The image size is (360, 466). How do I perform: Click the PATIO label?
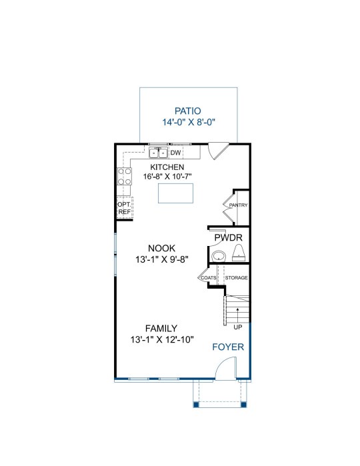(x=187, y=111)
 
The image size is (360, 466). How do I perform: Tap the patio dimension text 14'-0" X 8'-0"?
(x=189, y=122)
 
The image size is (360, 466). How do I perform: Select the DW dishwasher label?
(x=175, y=153)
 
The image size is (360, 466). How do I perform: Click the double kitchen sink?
(x=159, y=153)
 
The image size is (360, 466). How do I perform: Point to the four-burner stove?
(x=125, y=176)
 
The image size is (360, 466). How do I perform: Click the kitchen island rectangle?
(x=175, y=193)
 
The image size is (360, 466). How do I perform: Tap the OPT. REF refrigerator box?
(x=125, y=208)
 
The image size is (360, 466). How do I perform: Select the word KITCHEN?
(x=167, y=167)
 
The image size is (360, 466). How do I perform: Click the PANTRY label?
(x=238, y=205)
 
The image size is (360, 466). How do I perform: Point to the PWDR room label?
(x=228, y=237)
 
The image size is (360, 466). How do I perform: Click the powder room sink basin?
(x=219, y=256)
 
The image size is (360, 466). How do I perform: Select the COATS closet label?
(x=209, y=278)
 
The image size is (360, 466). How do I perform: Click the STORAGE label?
(x=236, y=277)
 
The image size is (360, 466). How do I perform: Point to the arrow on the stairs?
(x=237, y=315)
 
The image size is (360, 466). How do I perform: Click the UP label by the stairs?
(x=238, y=327)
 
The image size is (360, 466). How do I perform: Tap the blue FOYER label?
(x=228, y=347)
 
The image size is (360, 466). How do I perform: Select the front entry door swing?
(x=225, y=369)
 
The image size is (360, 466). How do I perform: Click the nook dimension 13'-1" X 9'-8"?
(x=162, y=259)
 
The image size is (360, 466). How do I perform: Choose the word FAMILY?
(x=161, y=329)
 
